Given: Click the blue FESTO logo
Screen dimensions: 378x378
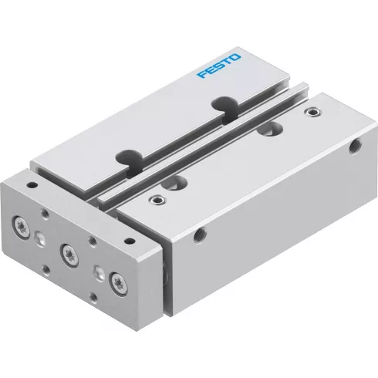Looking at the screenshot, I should (x=219, y=65).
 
